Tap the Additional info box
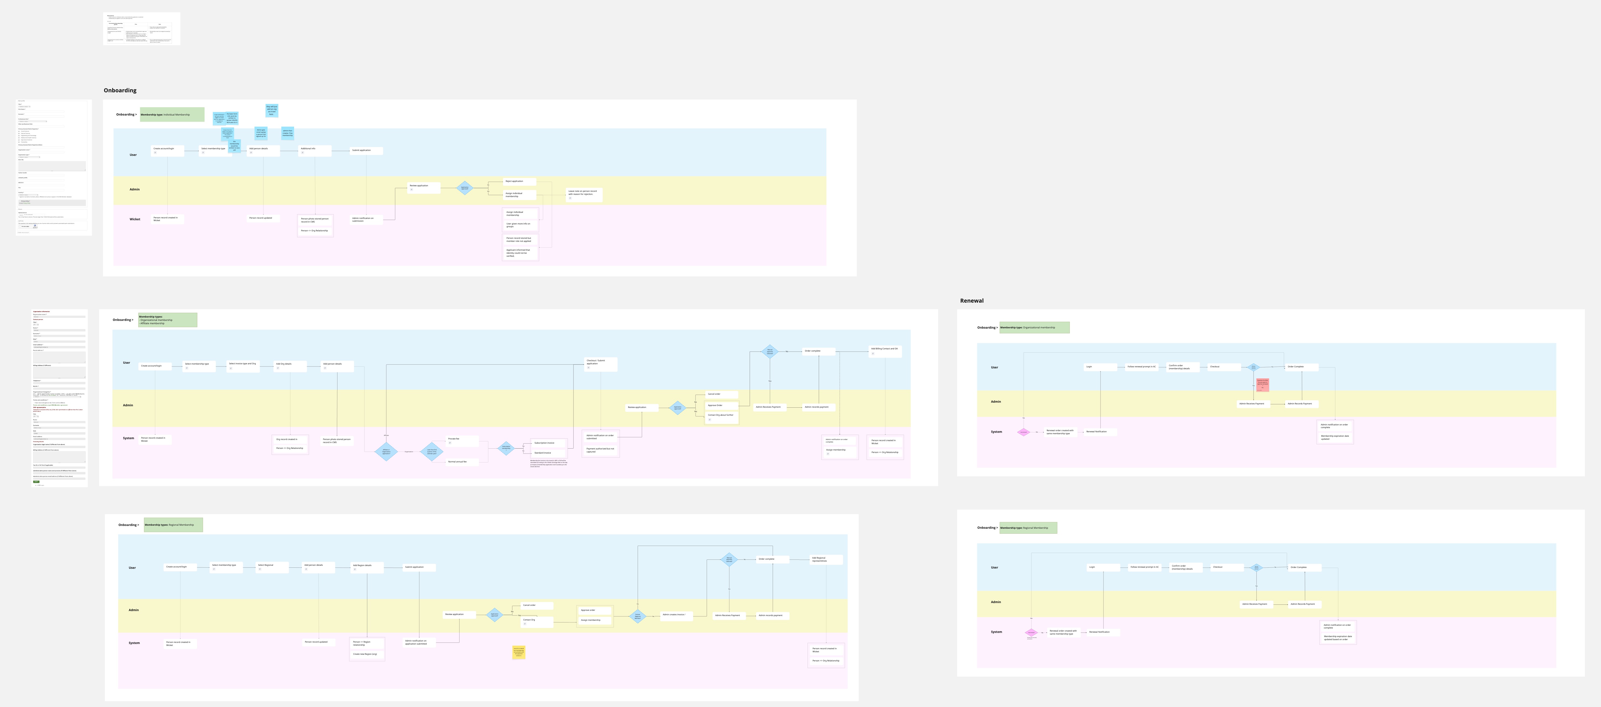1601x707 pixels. click(315, 150)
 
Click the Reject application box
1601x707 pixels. click(520, 182)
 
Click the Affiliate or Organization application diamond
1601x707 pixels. click(386, 451)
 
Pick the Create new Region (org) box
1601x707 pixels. click(367, 654)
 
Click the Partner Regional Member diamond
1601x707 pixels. click(638, 616)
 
